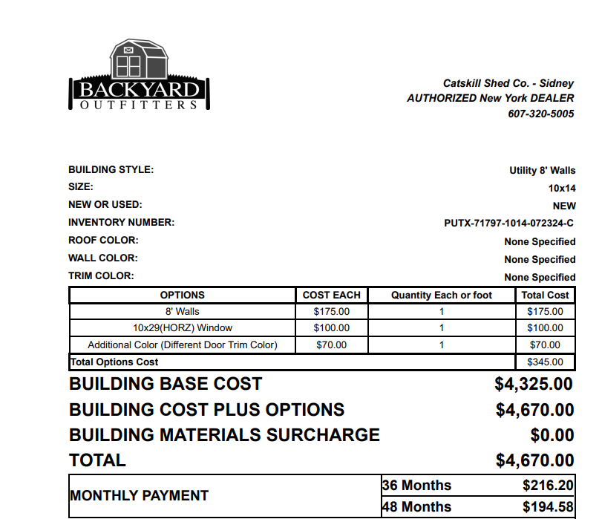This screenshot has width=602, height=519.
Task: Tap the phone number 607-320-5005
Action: pos(540,114)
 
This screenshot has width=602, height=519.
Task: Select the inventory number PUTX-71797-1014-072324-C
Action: pos(509,223)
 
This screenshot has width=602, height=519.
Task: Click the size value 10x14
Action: pos(562,188)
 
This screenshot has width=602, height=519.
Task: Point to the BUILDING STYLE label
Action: pos(111,170)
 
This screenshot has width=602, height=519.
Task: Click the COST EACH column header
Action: pos(331,295)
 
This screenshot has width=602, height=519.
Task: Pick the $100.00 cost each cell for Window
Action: pos(331,327)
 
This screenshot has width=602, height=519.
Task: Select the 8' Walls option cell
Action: pos(182,311)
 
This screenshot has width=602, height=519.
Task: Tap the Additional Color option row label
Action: pos(182,345)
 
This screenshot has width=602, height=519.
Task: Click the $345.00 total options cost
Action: pos(545,362)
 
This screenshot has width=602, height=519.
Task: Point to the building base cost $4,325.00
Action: pos(534,385)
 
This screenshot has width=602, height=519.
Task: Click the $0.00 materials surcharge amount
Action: pos(552,435)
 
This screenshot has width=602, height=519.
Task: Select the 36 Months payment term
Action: pos(416,486)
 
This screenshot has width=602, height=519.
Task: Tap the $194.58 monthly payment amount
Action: pos(548,507)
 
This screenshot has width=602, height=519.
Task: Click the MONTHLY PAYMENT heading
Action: pos(139,495)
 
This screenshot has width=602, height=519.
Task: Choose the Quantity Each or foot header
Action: pos(441,295)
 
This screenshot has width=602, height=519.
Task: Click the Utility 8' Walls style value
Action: pos(542,170)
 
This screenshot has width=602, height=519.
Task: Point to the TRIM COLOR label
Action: pos(101,276)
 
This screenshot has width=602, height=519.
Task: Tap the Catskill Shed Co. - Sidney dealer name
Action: pos(508,84)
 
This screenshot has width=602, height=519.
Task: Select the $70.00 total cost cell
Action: pos(545,345)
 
